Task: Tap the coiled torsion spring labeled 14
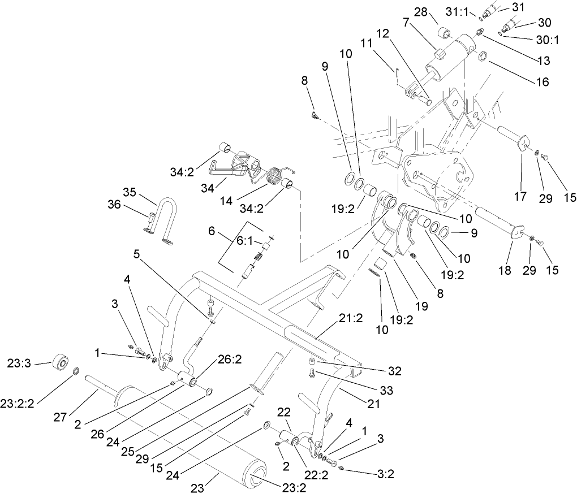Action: point(275,177)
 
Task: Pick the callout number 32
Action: point(395,371)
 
